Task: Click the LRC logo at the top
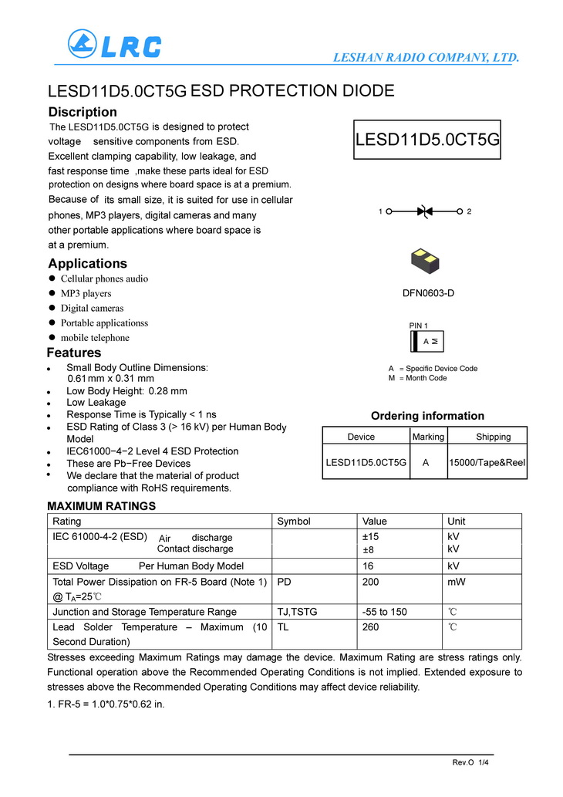(x=114, y=44)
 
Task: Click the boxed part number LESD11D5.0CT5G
(x=427, y=140)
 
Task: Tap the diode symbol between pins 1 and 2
(x=423, y=211)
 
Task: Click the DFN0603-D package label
(x=423, y=293)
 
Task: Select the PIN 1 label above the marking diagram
(x=418, y=326)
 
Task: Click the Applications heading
(x=87, y=264)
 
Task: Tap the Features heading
(x=74, y=353)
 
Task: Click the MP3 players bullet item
(x=86, y=293)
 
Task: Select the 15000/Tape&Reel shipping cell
(x=487, y=462)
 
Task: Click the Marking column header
(x=428, y=437)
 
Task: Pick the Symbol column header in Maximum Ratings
(x=293, y=522)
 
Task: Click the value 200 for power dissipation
(x=370, y=582)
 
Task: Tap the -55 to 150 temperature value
(x=384, y=612)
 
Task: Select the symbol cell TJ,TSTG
(x=297, y=612)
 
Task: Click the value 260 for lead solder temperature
(x=370, y=627)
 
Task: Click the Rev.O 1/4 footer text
(x=470, y=763)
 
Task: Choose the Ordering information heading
(x=427, y=416)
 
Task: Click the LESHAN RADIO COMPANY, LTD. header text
(x=426, y=58)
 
